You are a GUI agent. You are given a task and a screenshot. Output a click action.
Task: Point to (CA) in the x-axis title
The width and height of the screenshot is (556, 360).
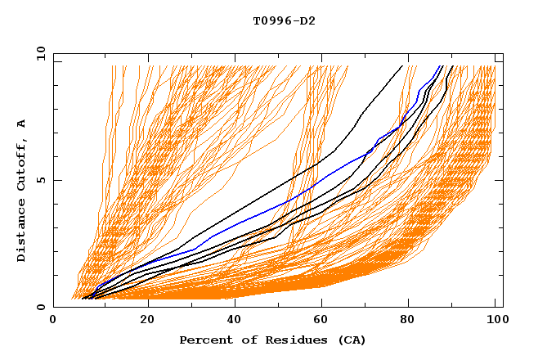click(x=352, y=340)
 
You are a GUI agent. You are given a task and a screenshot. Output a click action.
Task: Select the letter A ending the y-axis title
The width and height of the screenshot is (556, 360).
click(x=22, y=123)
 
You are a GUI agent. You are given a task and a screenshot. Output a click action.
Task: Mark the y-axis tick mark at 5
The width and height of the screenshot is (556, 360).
click(x=56, y=180)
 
